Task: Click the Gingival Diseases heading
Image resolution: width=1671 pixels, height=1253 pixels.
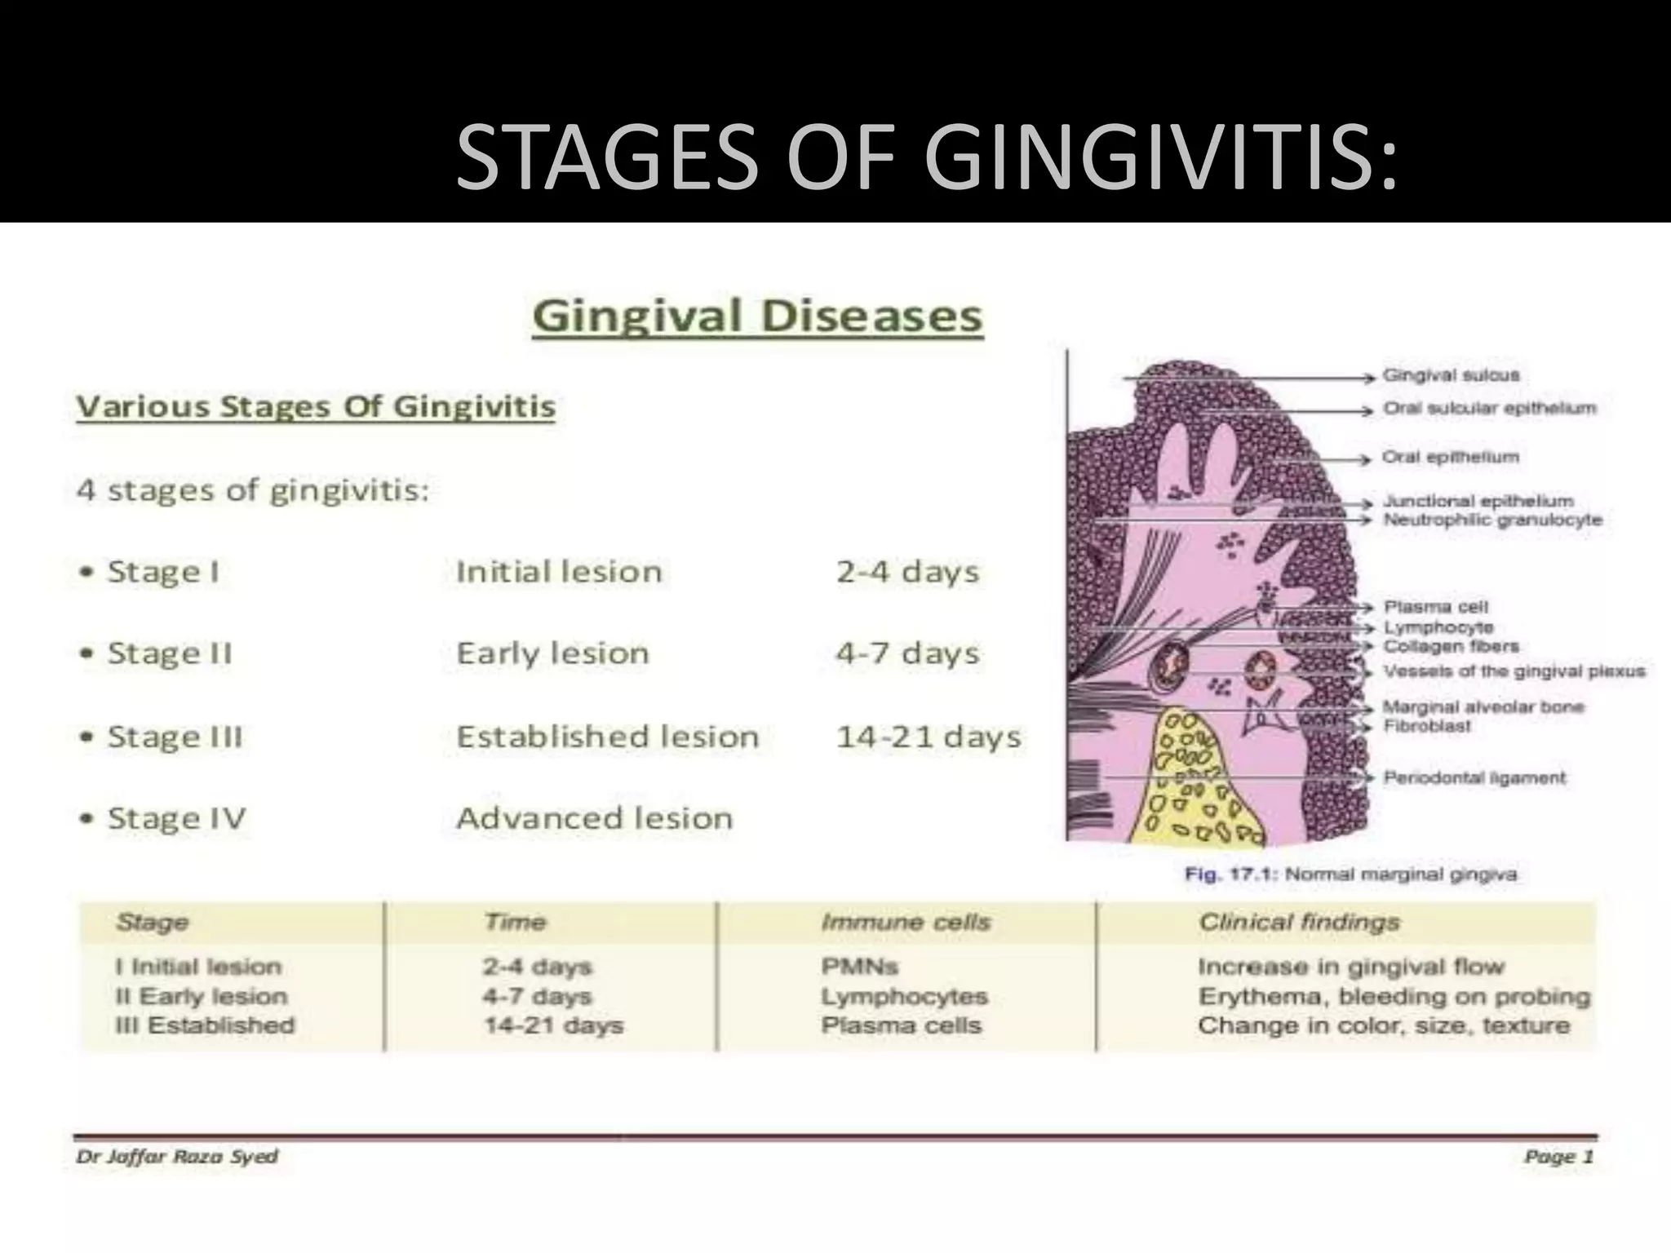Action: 757,317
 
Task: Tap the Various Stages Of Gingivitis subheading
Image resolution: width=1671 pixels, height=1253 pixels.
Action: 316,407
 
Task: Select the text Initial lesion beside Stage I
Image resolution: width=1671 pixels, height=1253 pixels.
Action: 559,572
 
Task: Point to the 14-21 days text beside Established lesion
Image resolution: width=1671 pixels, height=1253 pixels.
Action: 929,737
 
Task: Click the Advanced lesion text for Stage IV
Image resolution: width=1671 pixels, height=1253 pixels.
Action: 595,818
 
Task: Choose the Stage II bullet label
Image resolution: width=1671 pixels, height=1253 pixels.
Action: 170,653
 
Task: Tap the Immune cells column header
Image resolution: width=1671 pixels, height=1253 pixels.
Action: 906,922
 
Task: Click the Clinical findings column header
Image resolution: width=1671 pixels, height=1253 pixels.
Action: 1299,922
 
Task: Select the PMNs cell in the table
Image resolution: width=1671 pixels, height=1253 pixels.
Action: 859,967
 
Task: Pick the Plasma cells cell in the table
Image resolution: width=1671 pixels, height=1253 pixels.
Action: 901,1025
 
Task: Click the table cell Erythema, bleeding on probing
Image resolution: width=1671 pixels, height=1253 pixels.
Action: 1394,996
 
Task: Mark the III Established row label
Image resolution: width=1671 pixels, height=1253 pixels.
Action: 205,1025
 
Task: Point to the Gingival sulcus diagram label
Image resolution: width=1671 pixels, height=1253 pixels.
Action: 1451,376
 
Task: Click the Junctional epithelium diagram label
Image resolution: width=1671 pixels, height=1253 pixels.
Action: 1478,501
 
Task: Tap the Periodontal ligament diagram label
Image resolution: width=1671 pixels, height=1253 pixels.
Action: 1474,777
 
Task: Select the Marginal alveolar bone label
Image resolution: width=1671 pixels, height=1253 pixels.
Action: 1483,706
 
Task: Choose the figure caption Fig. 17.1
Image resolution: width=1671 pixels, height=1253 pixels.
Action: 1350,874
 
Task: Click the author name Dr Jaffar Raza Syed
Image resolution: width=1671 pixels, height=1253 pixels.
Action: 177,1157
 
